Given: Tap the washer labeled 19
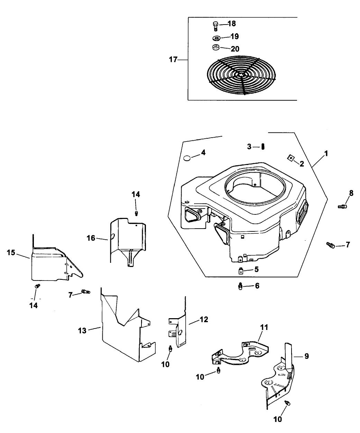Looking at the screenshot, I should (216, 38).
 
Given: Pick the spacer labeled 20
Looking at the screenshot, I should (215, 48).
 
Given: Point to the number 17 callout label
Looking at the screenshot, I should (173, 60).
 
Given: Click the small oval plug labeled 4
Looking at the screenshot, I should (187, 158).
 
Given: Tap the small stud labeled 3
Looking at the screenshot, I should (263, 147).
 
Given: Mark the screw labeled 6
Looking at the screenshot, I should (240, 286).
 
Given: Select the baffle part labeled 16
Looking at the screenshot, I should (128, 242).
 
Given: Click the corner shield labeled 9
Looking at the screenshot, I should (280, 380).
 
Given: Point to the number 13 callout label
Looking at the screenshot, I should (82, 330).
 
